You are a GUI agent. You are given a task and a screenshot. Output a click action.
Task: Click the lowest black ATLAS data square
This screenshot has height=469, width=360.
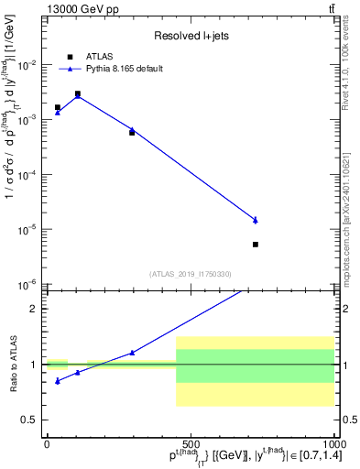(x=256, y=245)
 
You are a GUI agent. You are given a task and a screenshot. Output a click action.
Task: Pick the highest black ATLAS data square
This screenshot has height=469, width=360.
(x=78, y=93)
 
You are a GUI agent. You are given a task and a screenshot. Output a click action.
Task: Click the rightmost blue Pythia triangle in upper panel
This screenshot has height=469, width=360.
(x=256, y=220)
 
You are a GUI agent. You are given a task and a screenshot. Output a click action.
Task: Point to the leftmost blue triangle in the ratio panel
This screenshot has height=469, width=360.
(x=58, y=381)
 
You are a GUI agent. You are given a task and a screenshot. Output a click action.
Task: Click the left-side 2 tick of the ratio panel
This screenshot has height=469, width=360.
(x=36, y=309)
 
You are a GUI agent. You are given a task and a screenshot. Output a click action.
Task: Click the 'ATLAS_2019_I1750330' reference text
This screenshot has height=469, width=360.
(x=191, y=274)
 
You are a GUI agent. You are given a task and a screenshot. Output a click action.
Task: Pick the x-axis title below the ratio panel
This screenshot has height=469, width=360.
(x=230, y=457)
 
